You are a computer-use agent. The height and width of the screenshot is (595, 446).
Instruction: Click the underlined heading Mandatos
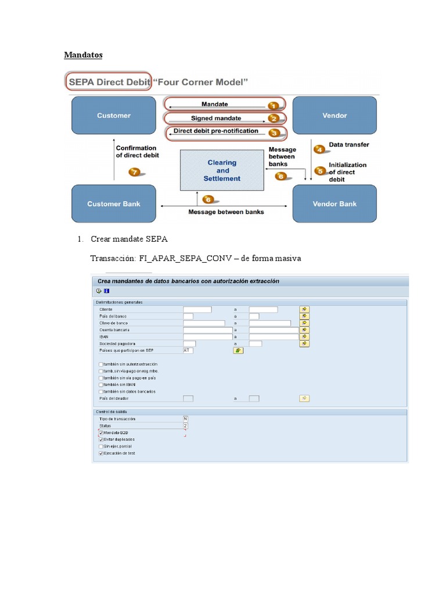pyautogui.click(x=82, y=55)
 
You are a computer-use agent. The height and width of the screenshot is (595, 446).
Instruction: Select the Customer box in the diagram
pyautogui.click(x=114, y=116)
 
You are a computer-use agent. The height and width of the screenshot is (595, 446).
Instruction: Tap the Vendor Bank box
pyautogui.click(x=334, y=204)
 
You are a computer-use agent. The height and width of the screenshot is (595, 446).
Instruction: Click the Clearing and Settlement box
pyautogui.click(x=222, y=170)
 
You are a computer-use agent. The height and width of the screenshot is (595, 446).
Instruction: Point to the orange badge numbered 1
pyautogui.click(x=274, y=105)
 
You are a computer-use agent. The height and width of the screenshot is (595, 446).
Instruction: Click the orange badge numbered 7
pyautogui.click(x=135, y=172)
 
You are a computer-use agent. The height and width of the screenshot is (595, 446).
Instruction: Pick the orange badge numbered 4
pyautogui.click(x=319, y=149)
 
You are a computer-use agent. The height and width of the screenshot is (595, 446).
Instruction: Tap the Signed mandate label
pyautogui.click(x=216, y=119)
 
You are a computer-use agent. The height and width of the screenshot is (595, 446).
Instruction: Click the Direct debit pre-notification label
pyautogui.click(x=215, y=131)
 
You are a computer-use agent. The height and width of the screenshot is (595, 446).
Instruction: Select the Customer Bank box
pyautogui.click(x=114, y=204)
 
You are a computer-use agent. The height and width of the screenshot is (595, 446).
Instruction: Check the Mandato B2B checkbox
pyautogui.click(x=102, y=433)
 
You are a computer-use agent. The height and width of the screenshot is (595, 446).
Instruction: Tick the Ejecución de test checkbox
pyautogui.click(x=102, y=453)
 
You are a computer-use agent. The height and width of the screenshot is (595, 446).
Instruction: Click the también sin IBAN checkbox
pyautogui.click(x=102, y=385)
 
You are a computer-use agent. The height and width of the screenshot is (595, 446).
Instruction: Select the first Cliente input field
pyautogui.click(x=197, y=309)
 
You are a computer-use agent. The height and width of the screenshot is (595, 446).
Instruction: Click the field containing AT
pyautogui.click(x=188, y=350)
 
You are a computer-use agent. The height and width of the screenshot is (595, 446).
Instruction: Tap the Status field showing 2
pyautogui.click(x=185, y=425)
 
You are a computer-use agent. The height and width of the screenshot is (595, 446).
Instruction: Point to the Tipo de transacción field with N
pyautogui.click(x=185, y=418)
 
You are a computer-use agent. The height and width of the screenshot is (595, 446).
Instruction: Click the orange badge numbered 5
pyautogui.click(x=320, y=171)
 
